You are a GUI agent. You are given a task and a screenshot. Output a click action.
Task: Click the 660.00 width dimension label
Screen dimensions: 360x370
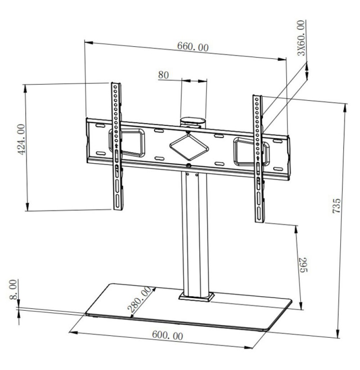pyautogui.click(x=193, y=46)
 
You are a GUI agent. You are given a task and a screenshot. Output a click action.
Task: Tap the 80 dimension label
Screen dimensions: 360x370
pyautogui.click(x=163, y=75)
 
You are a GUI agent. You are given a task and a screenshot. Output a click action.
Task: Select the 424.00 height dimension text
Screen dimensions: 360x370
pyautogui.click(x=22, y=139)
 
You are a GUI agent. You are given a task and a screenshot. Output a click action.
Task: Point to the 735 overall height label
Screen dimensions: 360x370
pyautogui.click(x=337, y=206)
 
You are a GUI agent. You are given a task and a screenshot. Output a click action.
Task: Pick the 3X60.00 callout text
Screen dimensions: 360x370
pyautogui.click(x=301, y=38)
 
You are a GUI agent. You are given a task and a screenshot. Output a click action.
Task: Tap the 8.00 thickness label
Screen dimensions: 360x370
pyautogui.click(x=13, y=289)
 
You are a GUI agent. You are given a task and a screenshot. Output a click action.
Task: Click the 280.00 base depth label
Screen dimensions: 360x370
pyautogui.click(x=139, y=299)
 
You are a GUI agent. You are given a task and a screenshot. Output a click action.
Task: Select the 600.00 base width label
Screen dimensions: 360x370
pyautogui.click(x=167, y=335)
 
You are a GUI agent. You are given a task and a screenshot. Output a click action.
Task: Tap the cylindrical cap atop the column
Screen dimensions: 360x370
pyautogui.click(x=193, y=122)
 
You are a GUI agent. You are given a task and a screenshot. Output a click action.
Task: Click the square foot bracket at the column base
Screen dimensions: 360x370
pyautogui.click(x=196, y=297)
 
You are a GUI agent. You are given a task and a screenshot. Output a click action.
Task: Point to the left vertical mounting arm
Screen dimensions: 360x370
pyautogui.click(x=117, y=146)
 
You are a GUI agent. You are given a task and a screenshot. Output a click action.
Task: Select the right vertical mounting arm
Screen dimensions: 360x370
pyautogui.click(x=258, y=159)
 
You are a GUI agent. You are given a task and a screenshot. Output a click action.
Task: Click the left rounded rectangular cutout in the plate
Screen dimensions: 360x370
pyautogui.click(x=127, y=143)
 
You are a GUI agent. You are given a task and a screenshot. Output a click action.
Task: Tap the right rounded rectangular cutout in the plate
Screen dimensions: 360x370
pyautogui.click(x=252, y=152)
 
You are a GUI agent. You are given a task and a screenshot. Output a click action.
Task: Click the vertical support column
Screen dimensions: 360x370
pyautogui.click(x=195, y=234)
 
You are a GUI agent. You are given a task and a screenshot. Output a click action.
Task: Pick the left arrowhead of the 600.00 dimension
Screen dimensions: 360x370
pyautogui.click(x=73, y=333)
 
